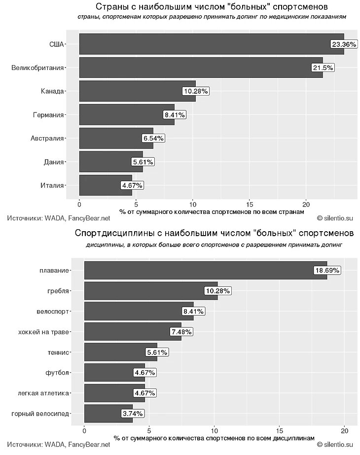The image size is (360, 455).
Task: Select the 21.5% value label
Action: coord(323,68)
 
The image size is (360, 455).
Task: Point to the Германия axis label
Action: coord(48,115)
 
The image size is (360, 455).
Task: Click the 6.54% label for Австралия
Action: coord(153,139)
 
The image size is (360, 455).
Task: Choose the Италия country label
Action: coord(52,185)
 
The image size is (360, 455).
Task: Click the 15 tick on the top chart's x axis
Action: coord(250,204)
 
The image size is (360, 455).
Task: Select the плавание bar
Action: coord(197,270)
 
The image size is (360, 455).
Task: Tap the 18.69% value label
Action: coord(327,270)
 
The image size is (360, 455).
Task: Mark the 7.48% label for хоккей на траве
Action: coord(181,332)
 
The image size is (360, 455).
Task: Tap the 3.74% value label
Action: coord(133,414)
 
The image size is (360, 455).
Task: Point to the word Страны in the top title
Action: coord(112,6)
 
